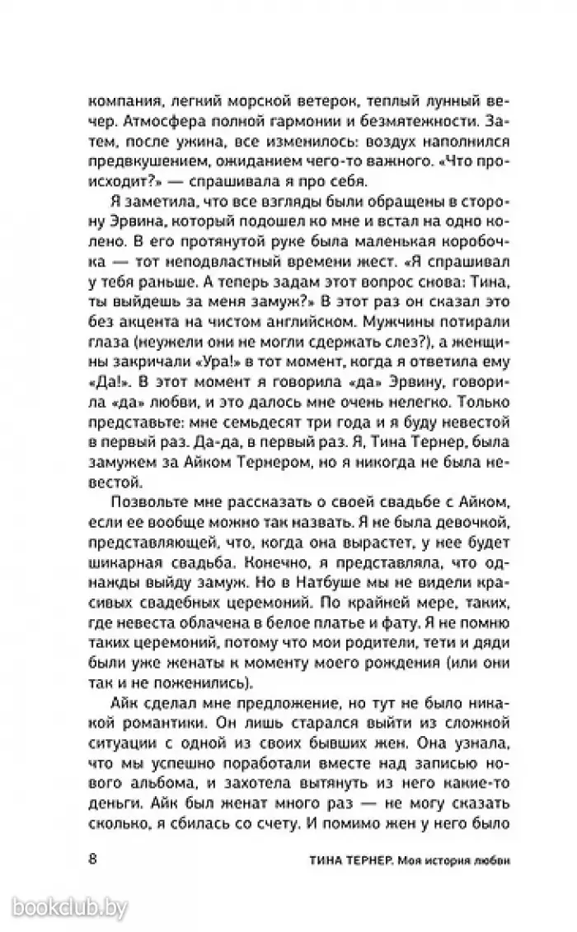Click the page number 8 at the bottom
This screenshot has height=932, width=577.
[x=92, y=860]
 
